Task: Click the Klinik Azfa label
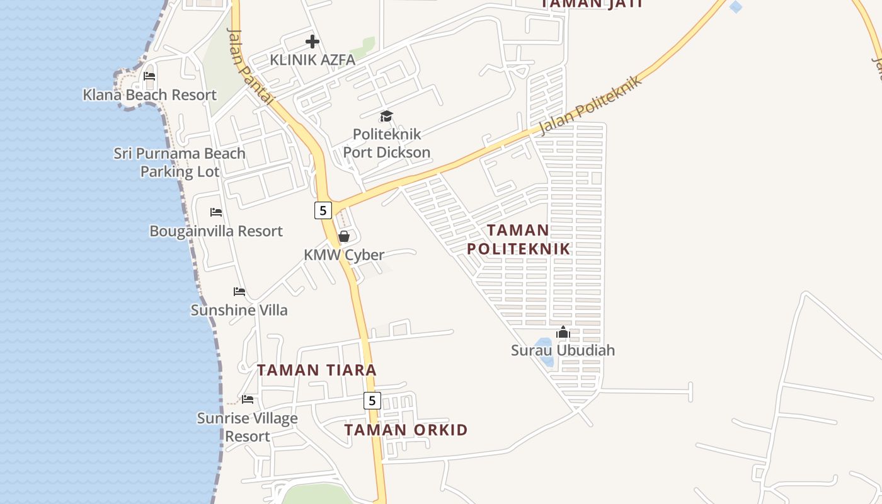(x=312, y=60)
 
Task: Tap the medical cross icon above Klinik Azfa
(x=312, y=42)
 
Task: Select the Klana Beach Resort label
(x=150, y=95)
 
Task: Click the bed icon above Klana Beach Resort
(x=149, y=76)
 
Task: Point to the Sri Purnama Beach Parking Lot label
(x=180, y=163)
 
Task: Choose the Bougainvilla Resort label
(x=216, y=231)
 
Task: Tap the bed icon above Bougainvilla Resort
(x=216, y=212)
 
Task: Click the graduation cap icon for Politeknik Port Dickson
(x=386, y=116)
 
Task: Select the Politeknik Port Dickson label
(x=387, y=143)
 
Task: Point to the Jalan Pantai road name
(x=250, y=66)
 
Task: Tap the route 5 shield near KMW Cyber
(x=323, y=210)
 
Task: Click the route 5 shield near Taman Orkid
(x=372, y=401)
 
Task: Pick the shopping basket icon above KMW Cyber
(x=344, y=236)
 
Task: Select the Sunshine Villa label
(x=239, y=310)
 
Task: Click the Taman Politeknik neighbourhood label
(x=518, y=239)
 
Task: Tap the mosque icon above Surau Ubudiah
(x=563, y=332)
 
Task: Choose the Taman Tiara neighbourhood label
(x=317, y=370)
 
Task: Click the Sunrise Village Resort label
(x=248, y=427)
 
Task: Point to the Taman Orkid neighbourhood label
(x=406, y=430)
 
